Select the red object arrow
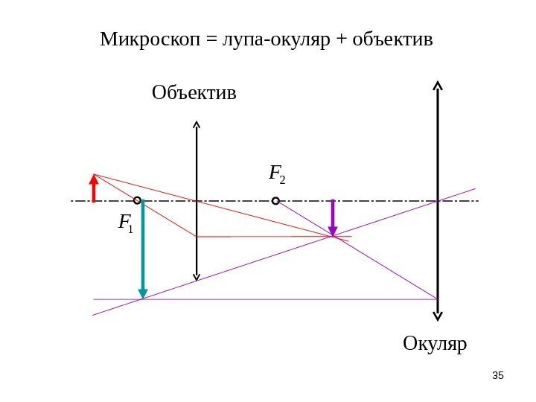pos(94,188)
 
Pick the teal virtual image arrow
pos(142,249)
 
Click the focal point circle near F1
pos(138,200)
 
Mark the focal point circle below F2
pos(275,200)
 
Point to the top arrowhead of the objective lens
pos(197,123)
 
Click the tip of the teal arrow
pos(142,296)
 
